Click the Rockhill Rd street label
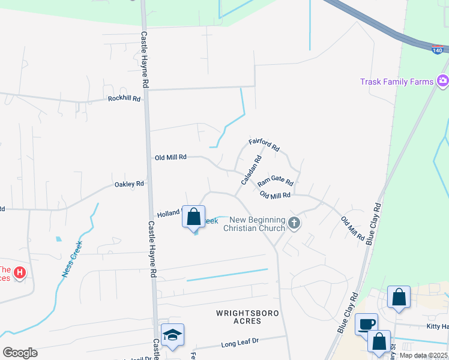pyautogui.click(x=124, y=98)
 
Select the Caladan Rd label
pyautogui.click(x=252, y=170)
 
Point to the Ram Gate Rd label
pyautogui.click(x=276, y=180)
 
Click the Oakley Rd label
pyautogui.click(x=129, y=184)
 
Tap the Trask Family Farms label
pyautogui.click(x=397, y=82)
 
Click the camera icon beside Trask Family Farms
pyautogui.click(x=442, y=80)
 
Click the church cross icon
pyautogui.click(x=294, y=223)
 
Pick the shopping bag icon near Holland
pyautogui.click(x=193, y=217)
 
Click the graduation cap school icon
pyautogui.click(x=172, y=335)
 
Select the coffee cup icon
pyautogui.click(x=366, y=324)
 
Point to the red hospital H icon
pyautogui.click(x=20, y=274)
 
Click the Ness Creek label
pyautogui.click(x=71, y=259)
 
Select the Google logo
pyautogui.click(x=20, y=353)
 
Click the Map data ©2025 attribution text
pyautogui.click(x=423, y=356)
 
